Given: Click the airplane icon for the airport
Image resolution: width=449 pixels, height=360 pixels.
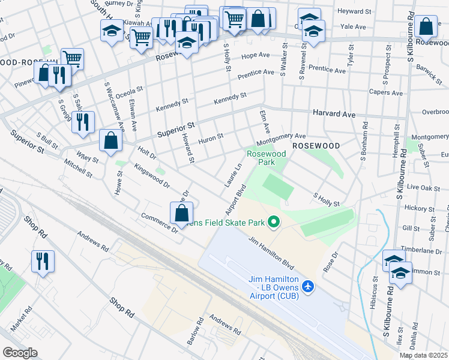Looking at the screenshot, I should coord(309,286).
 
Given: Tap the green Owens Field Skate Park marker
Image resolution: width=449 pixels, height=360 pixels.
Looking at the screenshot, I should coord(274,223).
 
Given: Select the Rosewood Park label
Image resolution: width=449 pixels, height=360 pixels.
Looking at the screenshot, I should coord(267,158).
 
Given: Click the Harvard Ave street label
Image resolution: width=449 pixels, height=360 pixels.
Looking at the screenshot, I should coord(334,113).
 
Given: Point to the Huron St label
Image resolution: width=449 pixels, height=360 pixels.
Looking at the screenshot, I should coord(211,137).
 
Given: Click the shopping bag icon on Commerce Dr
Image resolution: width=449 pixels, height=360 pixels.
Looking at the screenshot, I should coord(182,213).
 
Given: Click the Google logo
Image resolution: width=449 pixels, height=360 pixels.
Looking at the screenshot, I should coord(20,352).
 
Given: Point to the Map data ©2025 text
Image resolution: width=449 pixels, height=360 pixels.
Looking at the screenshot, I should coord(423,355).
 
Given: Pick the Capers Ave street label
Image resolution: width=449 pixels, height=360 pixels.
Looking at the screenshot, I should coord(385,93).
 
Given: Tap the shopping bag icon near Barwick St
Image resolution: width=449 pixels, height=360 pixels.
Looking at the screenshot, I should coord(426,27).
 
